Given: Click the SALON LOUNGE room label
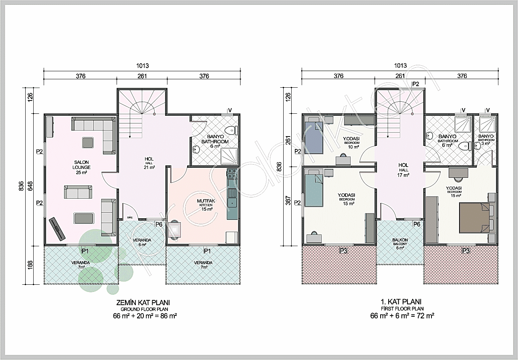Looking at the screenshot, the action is [x=81, y=167].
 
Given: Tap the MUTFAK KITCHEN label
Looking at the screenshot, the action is [x=206, y=205].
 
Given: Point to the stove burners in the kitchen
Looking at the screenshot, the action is [x=232, y=173].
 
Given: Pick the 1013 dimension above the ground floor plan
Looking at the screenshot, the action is [x=142, y=66].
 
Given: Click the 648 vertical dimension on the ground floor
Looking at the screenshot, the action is [x=30, y=186].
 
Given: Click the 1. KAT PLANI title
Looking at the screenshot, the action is [x=401, y=302].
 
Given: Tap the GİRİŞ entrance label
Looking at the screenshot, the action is [x=130, y=217].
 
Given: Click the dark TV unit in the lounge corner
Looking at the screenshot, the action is [x=57, y=229].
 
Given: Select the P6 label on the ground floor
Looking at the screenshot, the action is [x=159, y=224].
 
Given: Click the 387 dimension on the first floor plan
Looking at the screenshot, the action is [x=288, y=201].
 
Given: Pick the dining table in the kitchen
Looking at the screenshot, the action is [x=175, y=229].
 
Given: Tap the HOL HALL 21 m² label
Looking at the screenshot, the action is [x=149, y=163].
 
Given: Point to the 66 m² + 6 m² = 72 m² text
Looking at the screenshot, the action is [x=402, y=316].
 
